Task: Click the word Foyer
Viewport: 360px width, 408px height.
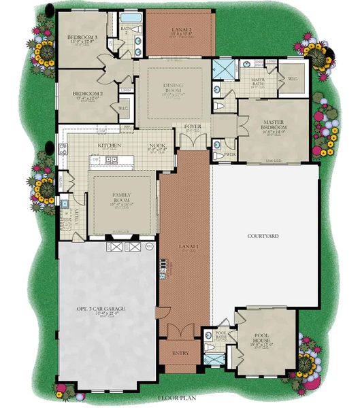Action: coord(193,126)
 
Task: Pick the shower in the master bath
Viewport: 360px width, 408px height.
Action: coord(222,69)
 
